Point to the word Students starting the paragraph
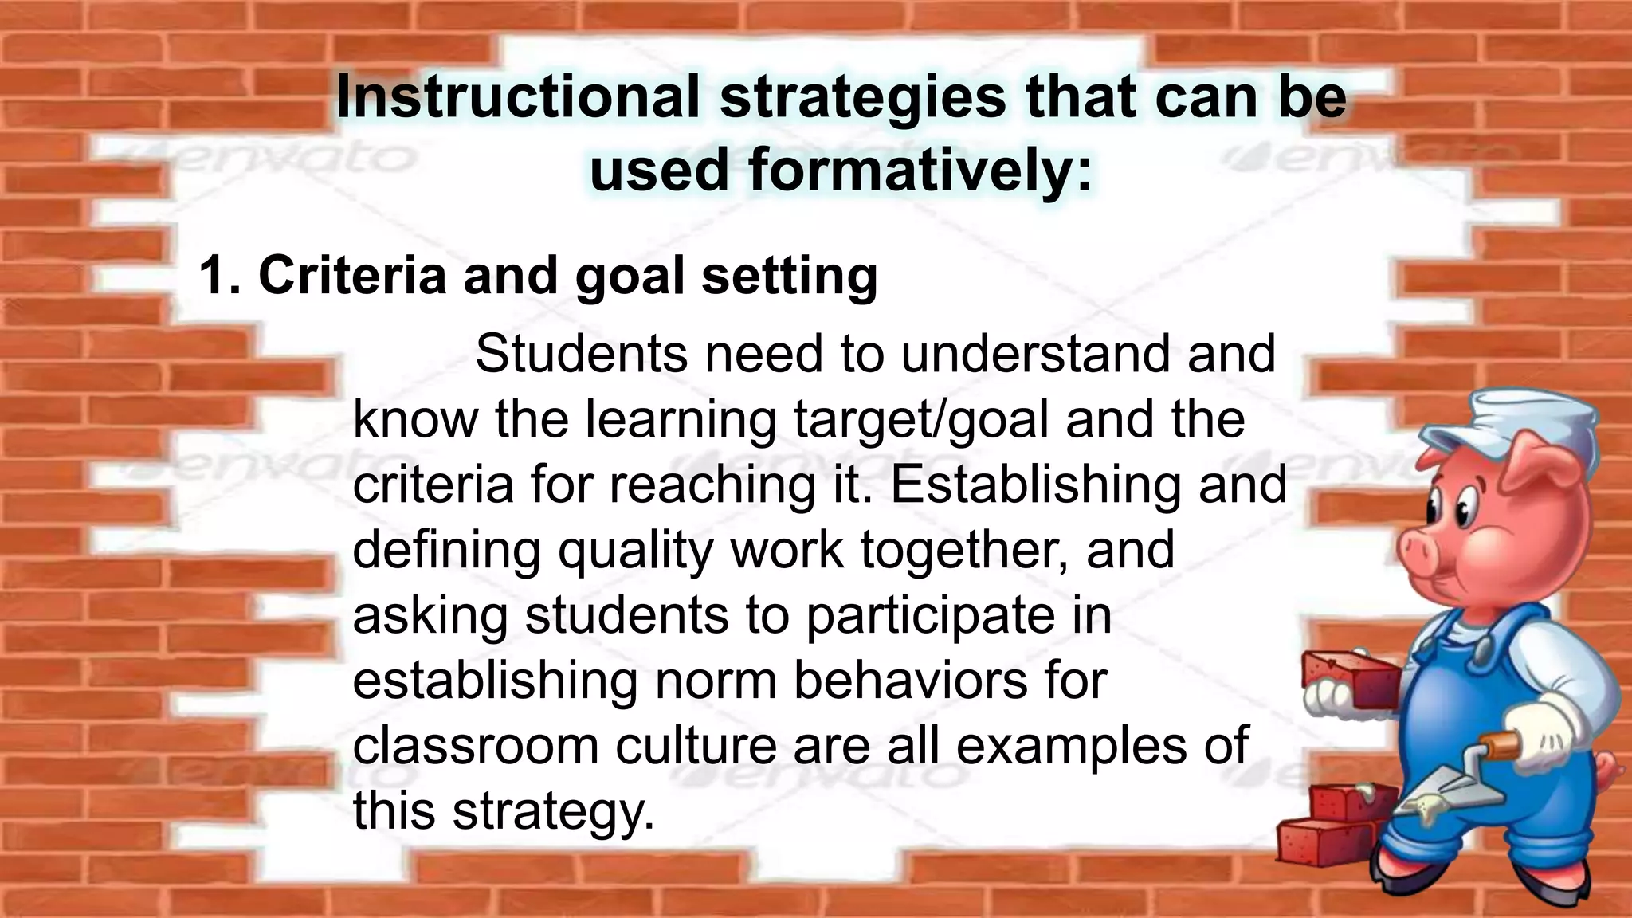[x=581, y=354]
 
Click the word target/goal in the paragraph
[x=921, y=420]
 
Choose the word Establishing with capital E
[x=1035, y=485]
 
